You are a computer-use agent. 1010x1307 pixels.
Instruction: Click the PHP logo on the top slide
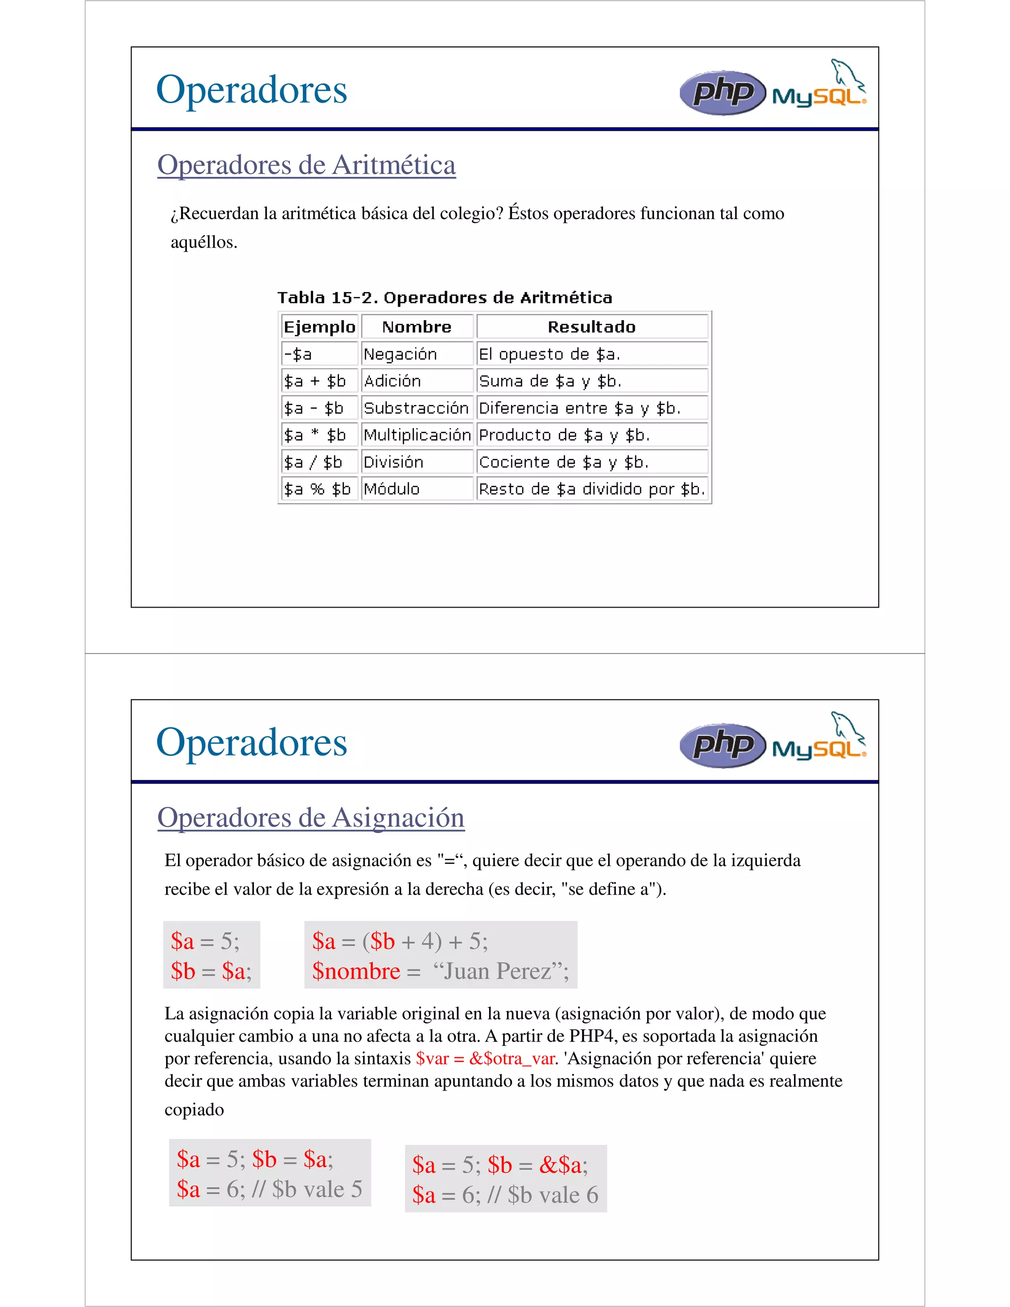point(722,93)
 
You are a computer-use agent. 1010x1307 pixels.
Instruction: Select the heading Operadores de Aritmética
point(306,165)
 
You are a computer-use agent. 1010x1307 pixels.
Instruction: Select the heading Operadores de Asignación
point(311,817)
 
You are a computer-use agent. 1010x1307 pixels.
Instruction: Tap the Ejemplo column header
point(320,327)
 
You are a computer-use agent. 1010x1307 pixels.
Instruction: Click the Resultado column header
point(592,327)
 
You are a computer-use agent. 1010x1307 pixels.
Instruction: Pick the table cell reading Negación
point(400,354)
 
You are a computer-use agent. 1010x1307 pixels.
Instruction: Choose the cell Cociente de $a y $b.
point(564,462)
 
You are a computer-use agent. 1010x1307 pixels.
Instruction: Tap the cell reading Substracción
point(416,408)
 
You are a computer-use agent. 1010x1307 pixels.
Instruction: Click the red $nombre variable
point(356,971)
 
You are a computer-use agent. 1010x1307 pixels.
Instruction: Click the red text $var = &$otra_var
point(485,1058)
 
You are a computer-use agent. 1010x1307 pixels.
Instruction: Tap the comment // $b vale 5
point(307,1189)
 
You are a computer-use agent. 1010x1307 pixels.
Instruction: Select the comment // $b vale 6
point(542,1195)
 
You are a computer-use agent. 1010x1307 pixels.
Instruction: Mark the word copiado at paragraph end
point(194,1110)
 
